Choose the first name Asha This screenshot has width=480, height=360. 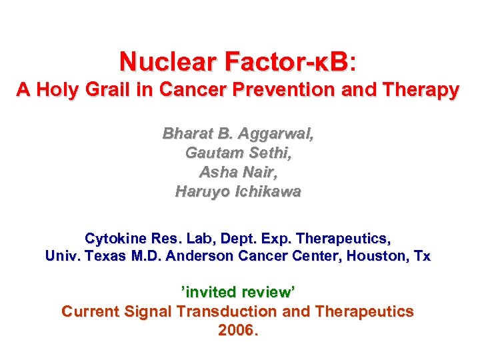(217, 172)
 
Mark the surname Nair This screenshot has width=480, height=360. (260, 172)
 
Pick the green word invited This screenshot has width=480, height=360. (211, 292)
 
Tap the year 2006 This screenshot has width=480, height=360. (237, 330)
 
